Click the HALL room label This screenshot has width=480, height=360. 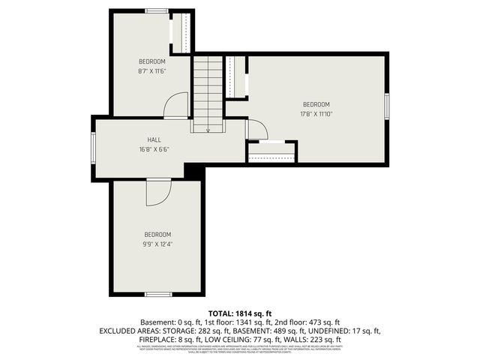pos(154,139)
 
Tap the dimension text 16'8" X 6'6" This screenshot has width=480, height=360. pos(154,148)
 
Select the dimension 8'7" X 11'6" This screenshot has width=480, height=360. pos(151,70)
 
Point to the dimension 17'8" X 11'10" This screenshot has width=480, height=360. pos(316,113)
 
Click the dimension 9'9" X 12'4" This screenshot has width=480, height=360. pos(157,243)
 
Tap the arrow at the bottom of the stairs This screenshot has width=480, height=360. pos(208,129)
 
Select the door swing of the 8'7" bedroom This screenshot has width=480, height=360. pos(177,105)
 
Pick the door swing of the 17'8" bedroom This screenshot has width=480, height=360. pos(256,129)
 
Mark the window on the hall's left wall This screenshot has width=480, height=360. pos(93,148)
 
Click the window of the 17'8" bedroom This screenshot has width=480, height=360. pos(387,106)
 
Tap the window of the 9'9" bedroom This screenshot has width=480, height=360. pos(157,293)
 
